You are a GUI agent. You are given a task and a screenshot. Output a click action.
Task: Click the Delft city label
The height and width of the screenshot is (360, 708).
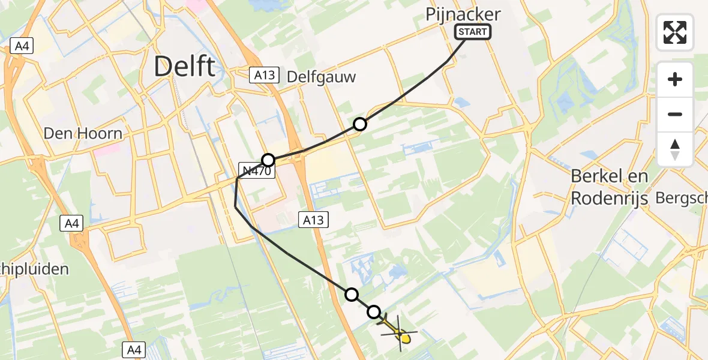point(184,65)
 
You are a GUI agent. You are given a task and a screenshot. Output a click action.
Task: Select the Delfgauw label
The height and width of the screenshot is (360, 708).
point(322,77)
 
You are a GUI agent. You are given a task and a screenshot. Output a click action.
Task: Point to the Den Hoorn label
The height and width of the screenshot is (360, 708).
point(83,133)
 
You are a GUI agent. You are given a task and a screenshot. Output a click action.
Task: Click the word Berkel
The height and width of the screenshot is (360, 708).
point(601,176)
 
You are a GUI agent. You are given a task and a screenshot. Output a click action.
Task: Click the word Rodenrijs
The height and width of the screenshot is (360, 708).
point(609,198)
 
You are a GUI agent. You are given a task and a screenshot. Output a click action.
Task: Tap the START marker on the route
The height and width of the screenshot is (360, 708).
point(473,32)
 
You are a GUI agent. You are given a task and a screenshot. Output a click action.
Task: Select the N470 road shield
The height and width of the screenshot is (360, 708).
point(258,172)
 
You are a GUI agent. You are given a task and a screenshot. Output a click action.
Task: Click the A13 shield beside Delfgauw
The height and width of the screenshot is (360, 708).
point(265,74)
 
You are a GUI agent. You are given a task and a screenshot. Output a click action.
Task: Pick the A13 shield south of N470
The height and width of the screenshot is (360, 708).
point(313,220)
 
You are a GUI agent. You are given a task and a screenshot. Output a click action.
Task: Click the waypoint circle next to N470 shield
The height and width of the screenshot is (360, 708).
point(268,160)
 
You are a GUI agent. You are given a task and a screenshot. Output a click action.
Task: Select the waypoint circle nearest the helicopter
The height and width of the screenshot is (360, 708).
point(374,311)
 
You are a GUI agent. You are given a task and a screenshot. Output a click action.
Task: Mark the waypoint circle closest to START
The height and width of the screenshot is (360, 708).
point(359,124)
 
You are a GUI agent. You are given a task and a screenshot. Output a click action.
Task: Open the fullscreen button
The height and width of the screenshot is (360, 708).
point(675,32)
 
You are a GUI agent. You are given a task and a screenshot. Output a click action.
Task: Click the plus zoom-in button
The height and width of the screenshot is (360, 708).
point(675,79)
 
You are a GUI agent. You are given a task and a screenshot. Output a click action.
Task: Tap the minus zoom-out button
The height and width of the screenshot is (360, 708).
point(675,114)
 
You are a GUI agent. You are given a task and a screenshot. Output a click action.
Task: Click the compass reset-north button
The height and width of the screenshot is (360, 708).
point(675,149)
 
